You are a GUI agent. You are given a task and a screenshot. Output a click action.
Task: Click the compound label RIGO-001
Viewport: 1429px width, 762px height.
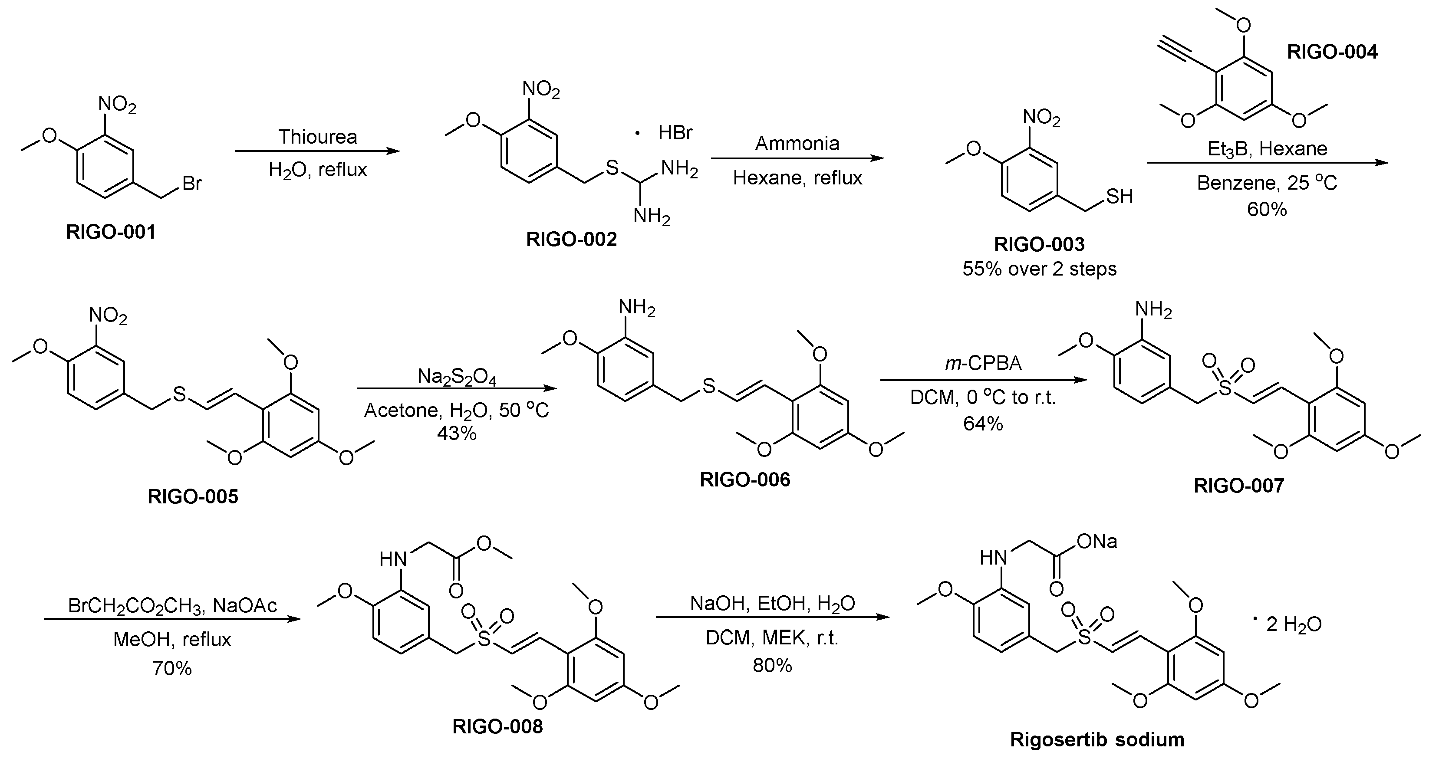pyautogui.click(x=111, y=232)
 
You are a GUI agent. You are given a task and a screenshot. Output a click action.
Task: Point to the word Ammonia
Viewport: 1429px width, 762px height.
pyautogui.click(x=797, y=144)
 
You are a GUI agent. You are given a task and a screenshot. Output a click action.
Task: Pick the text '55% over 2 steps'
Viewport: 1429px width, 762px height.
pyautogui.click(x=1039, y=269)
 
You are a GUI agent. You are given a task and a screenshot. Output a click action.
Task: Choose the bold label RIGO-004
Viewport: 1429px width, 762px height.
pyautogui.click(x=1332, y=52)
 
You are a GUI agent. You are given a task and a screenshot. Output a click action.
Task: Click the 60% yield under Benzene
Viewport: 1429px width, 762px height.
pyautogui.click(x=1267, y=209)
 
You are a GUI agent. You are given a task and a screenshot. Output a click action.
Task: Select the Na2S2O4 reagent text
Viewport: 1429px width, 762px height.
pyautogui.click(x=457, y=377)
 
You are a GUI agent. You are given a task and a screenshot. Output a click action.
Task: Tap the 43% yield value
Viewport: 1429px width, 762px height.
pyautogui.click(x=457, y=433)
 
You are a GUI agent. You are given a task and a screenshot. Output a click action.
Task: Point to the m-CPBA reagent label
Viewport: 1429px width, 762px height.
pyautogui.click(x=983, y=363)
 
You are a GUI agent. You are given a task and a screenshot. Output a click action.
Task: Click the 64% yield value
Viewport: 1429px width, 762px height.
pyautogui.click(x=983, y=424)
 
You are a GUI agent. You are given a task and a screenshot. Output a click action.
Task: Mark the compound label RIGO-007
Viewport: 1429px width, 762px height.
pyautogui.click(x=1239, y=486)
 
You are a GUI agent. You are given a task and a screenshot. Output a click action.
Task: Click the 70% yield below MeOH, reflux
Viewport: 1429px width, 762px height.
pyautogui.click(x=172, y=669)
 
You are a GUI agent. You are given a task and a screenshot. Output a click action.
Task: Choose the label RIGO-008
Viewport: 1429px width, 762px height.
pyautogui.click(x=497, y=726)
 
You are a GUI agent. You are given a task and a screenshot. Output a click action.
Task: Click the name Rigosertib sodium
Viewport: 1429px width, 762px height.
pyautogui.click(x=1097, y=739)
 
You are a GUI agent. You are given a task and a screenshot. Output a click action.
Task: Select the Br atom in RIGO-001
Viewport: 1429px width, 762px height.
pyautogui.click(x=192, y=183)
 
